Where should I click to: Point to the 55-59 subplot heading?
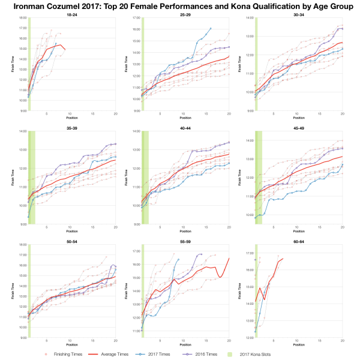184,239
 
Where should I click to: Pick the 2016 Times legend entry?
215,354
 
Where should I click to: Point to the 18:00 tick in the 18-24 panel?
22,18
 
